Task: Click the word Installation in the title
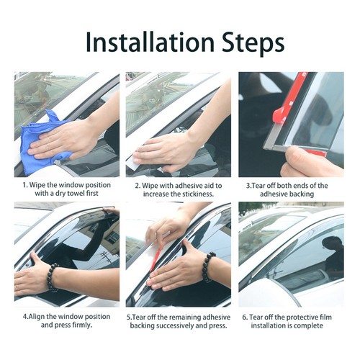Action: coord(150,42)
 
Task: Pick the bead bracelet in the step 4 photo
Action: coord(53,277)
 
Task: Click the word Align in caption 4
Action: coord(37,317)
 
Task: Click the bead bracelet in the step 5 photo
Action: coord(209,266)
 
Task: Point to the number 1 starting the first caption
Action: coord(24,185)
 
